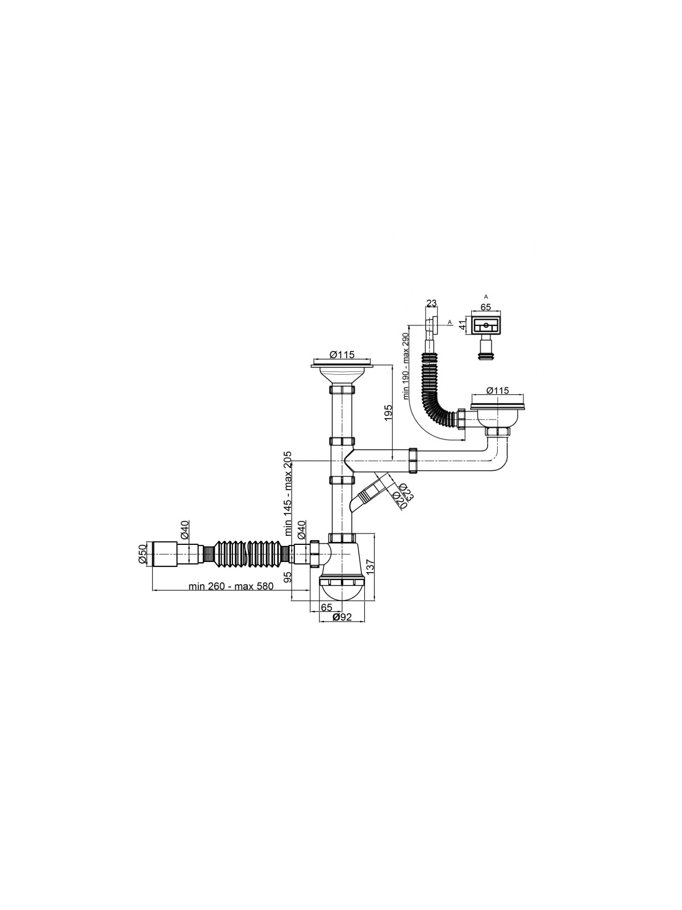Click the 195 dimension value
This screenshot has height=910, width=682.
(x=388, y=413)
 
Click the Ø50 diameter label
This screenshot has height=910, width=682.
(x=142, y=553)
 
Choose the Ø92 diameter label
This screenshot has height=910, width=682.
(x=342, y=628)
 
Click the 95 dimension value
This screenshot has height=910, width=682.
(x=288, y=577)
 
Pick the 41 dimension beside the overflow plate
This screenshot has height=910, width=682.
(x=464, y=324)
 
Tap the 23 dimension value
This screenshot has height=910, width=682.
(x=431, y=304)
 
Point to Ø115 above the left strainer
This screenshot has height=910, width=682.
(x=343, y=354)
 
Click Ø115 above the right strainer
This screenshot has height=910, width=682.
(x=497, y=390)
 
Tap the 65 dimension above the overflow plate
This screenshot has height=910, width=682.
(x=485, y=307)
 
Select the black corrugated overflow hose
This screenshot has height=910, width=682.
(x=439, y=390)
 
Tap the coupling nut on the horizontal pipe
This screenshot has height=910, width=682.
(x=413, y=460)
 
